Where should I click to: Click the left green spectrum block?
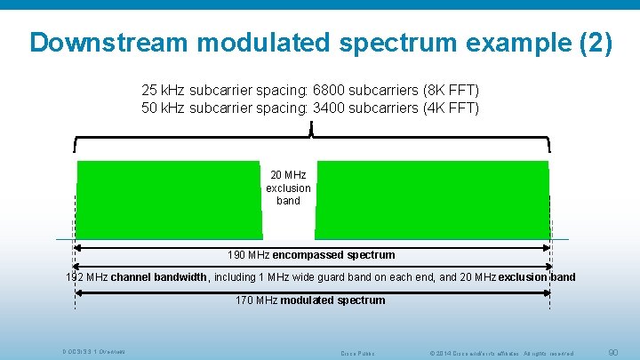coord(169,200)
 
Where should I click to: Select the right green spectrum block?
coord(434,200)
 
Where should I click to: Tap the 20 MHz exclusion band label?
coord(288,188)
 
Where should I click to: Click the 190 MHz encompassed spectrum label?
coord(311,255)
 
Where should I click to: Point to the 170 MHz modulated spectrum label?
coord(310,300)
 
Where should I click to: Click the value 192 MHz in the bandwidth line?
coord(86,277)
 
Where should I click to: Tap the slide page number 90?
coord(612,353)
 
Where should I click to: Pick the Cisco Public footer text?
coord(358,354)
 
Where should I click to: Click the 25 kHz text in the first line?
coord(161,91)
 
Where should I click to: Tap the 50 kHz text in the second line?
coord(161,108)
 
